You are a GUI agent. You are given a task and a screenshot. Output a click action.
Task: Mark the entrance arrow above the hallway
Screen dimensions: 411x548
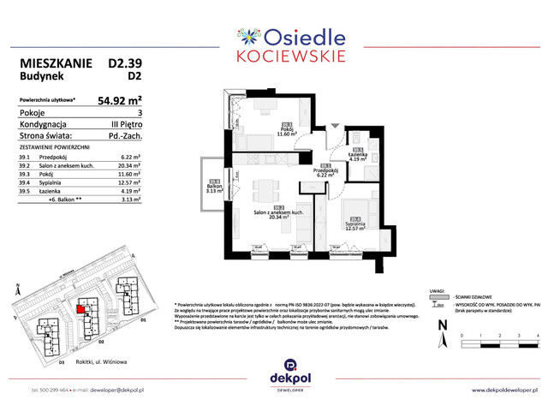[x=336, y=123]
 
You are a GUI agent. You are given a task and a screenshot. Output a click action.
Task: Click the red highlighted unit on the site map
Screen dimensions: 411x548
[x=82, y=311]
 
